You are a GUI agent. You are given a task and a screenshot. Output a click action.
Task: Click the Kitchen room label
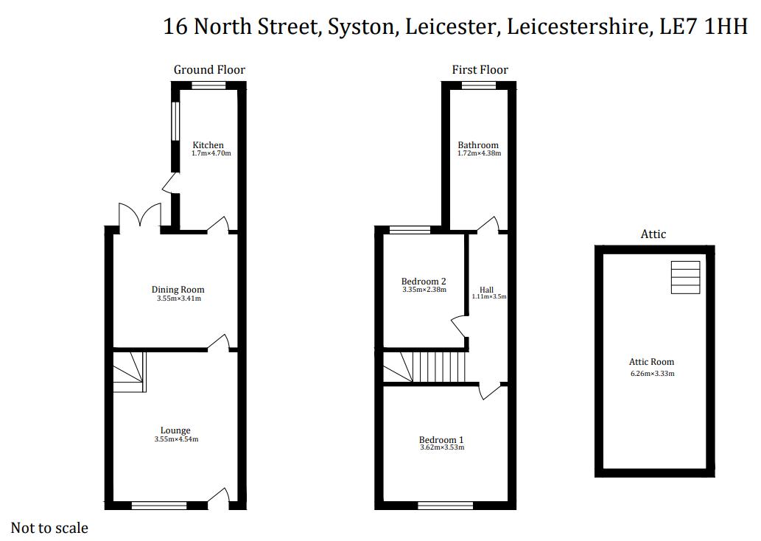pos(208,145)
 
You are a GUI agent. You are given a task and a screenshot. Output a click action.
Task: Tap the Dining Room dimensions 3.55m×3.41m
pos(178,299)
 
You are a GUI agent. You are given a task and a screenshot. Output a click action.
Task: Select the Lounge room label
pos(175,430)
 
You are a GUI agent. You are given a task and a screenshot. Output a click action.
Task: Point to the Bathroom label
pos(478,145)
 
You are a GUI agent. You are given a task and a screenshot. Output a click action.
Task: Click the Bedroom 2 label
pos(424,282)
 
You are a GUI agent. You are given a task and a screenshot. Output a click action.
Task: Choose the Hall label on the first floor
pos(486,290)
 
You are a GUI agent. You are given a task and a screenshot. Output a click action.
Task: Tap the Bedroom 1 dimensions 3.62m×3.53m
pos(442,447)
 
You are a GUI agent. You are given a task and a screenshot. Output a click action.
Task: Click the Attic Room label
pos(651,362)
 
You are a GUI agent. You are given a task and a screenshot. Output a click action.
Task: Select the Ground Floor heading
pos(209,70)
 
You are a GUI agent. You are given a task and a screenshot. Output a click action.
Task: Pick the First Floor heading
pos(480,70)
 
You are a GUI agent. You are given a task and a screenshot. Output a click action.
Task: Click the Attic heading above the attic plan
pos(653,234)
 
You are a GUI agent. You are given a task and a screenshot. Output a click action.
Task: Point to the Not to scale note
pos(49,528)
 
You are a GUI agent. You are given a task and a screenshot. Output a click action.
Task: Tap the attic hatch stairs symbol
pos(685,277)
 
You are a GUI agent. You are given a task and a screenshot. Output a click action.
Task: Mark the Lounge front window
pos(159,506)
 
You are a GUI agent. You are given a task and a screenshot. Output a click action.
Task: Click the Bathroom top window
pos(479,85)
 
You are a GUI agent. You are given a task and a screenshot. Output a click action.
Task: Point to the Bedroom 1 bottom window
pos(445,506)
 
